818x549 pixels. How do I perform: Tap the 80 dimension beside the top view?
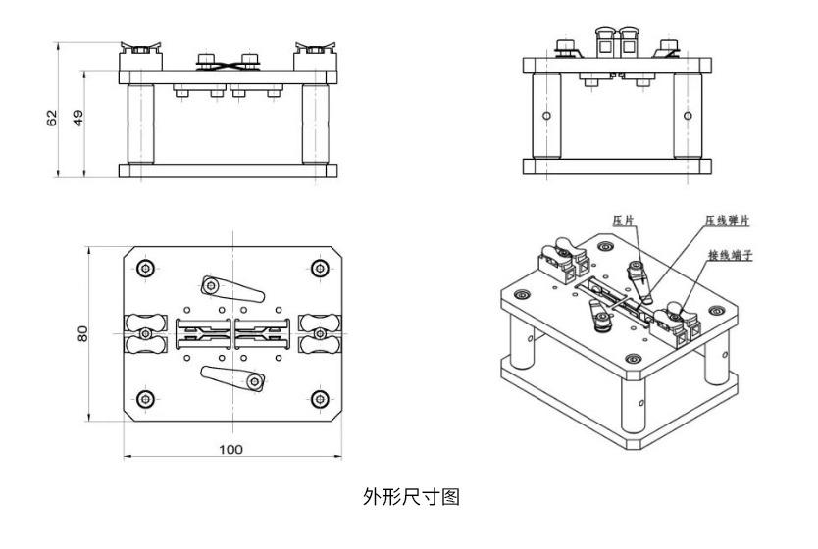(x=83, y=333)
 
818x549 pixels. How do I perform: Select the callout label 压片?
(x=624, y=222)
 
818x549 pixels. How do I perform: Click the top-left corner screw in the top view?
(x=145, y=268)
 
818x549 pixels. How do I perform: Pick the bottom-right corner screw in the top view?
(x=317, y=398)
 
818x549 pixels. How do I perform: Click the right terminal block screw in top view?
(x=316, y=333)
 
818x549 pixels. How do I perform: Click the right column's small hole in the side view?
(x=687, y=116)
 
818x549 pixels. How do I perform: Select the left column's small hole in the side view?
(x=547, y=116)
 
